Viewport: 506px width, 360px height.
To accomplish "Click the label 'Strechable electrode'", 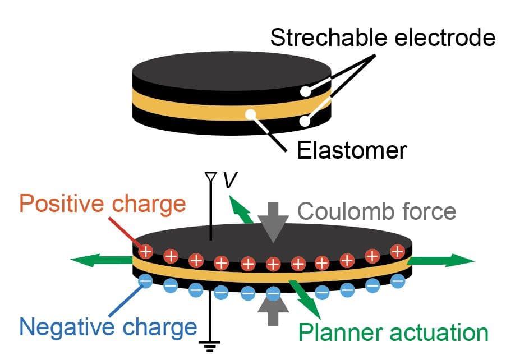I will coord(383,38).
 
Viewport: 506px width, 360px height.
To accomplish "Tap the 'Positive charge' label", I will coord(103,204).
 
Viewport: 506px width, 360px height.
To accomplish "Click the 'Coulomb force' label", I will coord(376,211).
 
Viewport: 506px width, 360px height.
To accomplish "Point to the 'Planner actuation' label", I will coord(393,332).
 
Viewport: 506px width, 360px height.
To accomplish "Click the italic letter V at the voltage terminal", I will coord(229,181).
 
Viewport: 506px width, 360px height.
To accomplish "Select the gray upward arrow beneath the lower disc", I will coord(273,313).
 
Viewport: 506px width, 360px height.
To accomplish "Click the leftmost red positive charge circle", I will coord(145,251).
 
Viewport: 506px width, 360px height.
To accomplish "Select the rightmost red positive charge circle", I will coord(398,251).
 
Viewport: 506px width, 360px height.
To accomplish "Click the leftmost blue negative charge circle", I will coord(145,280).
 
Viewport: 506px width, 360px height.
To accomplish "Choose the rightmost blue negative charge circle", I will coord(398,280).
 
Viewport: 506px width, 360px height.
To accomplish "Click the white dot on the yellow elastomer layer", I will coord(249,114).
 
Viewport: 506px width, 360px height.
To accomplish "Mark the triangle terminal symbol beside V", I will coord(211,177).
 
